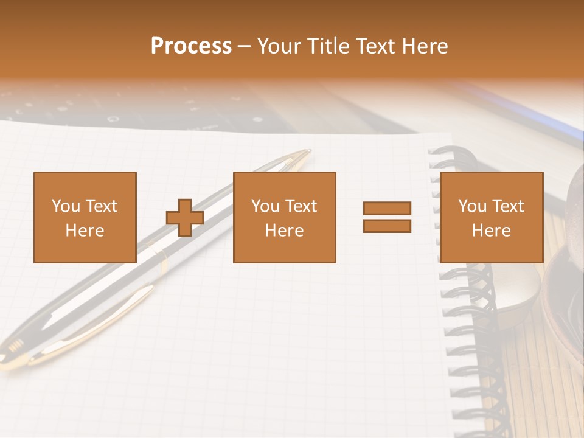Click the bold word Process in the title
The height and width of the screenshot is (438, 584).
point(191,46)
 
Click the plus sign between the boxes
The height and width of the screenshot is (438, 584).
point(185,217)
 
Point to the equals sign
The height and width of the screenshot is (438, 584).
point(387,217)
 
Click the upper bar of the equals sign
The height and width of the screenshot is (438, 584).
point(387,209)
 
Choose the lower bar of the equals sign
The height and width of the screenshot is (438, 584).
point(387,226)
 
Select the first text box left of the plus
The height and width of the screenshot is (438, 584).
point(85,217)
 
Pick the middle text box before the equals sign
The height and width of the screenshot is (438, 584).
point(284,217)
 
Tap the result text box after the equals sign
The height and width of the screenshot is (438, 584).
point(491,217)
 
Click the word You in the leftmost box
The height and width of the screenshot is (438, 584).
point(66,206)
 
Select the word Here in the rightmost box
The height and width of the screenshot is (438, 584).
point(491,231)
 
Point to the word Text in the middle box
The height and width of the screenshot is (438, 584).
point(301,206)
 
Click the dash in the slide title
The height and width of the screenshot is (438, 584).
point(244,46)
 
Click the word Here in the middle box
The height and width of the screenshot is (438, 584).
point(284,231)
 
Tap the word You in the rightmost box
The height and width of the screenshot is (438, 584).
point(473,206)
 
